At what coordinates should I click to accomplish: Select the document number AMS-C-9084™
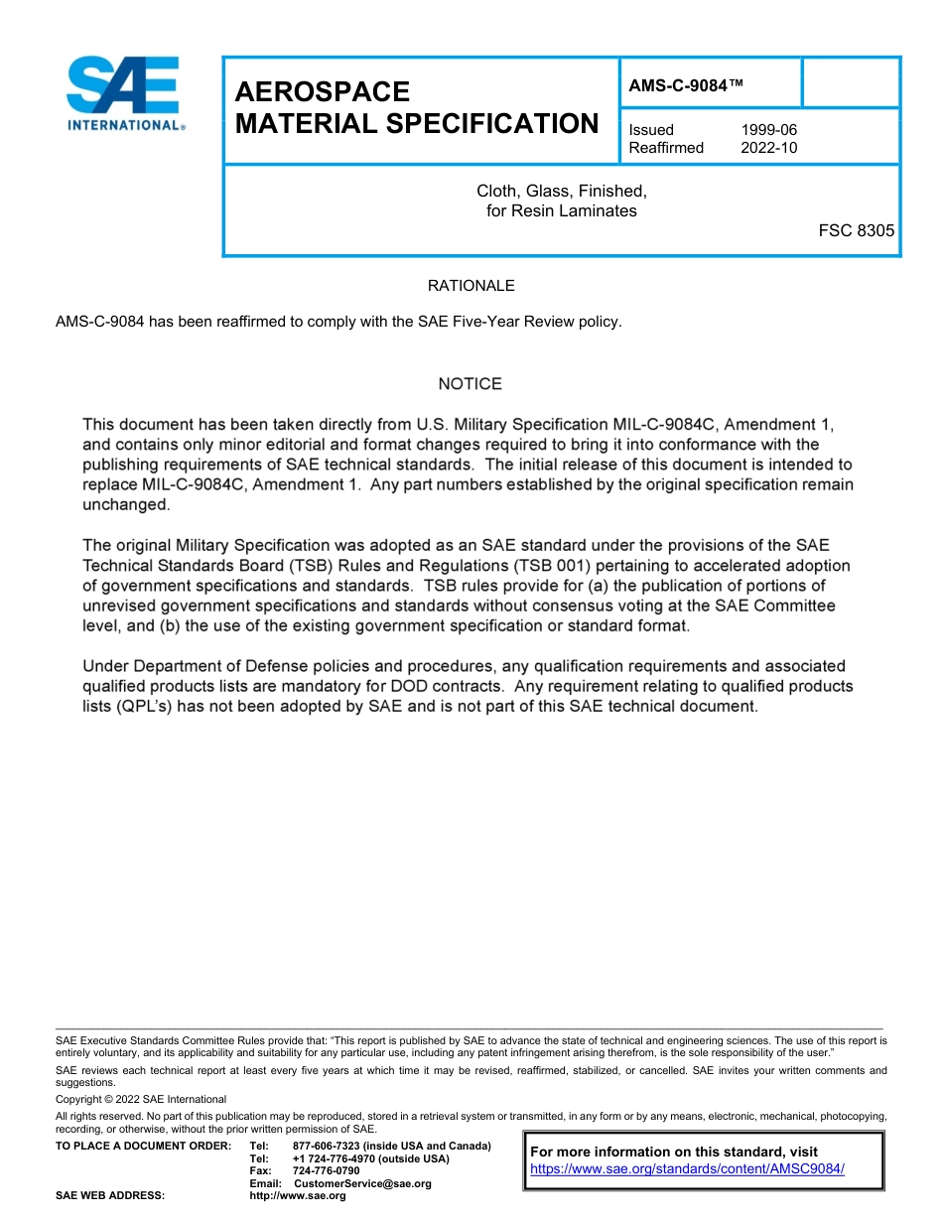[x=686, y=86]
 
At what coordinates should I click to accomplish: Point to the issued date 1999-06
[x=768, y=130]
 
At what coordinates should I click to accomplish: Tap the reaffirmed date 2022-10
[x=768, y=148]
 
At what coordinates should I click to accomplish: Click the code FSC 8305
[x=856, y=230]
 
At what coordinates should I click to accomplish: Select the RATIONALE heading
[x=471, y=286]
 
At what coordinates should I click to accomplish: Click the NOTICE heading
[x=471, y=384]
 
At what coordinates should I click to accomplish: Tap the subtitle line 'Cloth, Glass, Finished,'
[x=561, y=191]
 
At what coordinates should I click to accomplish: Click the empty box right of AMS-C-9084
[x=850, y=82]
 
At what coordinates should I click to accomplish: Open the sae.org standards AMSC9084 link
[x=687, y=1169]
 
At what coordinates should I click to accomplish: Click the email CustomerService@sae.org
[x=363, y=1184]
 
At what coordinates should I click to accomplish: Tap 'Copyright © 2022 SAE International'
[x=141, y=1099]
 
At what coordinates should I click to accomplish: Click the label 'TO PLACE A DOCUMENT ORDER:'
[x=143, y=1147]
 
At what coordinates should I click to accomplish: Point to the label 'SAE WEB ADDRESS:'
[x=110, y=1196]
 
